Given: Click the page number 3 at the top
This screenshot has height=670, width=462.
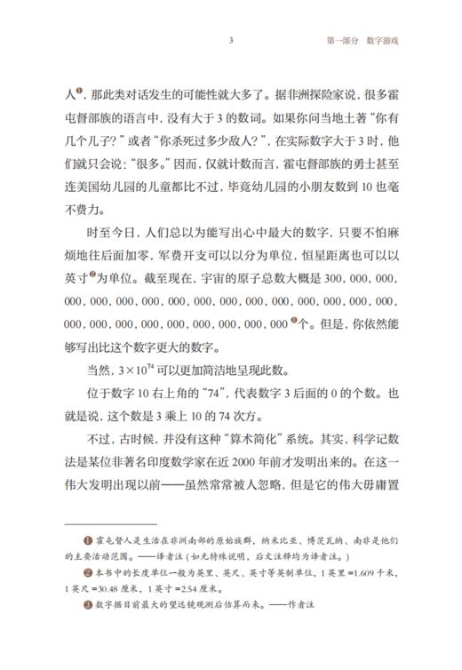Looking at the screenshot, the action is pyautogui.click(x=231, y=41).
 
